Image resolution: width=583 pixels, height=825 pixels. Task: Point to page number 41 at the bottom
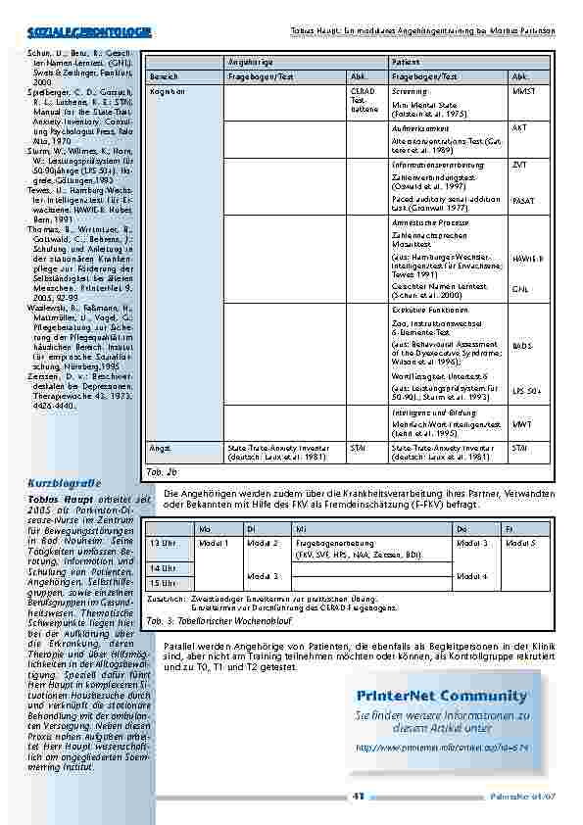[359, 796]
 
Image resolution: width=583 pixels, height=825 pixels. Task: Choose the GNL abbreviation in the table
[519, 289]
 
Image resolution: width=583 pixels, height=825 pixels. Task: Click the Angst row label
[159, 447]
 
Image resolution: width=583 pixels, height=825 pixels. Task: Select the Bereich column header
[164, 75]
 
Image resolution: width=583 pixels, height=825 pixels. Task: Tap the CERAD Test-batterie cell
[361, 100]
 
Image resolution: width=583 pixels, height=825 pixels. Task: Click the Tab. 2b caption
[160, 471]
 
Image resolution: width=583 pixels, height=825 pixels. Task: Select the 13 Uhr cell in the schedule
[162, 541]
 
